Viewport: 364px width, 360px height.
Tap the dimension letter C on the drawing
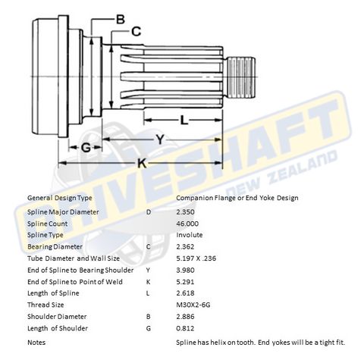pyautogui.click(x=136, y=31)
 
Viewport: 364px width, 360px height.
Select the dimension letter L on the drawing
pyautogui.click(x=184, y=119)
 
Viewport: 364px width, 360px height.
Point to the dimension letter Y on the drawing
pyautogui.click(x=159, y=139)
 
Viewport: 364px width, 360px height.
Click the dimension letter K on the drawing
pyautogui.click(x=142, y=162)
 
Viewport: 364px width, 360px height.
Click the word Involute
pyautogui.click(x=189, y=235)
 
